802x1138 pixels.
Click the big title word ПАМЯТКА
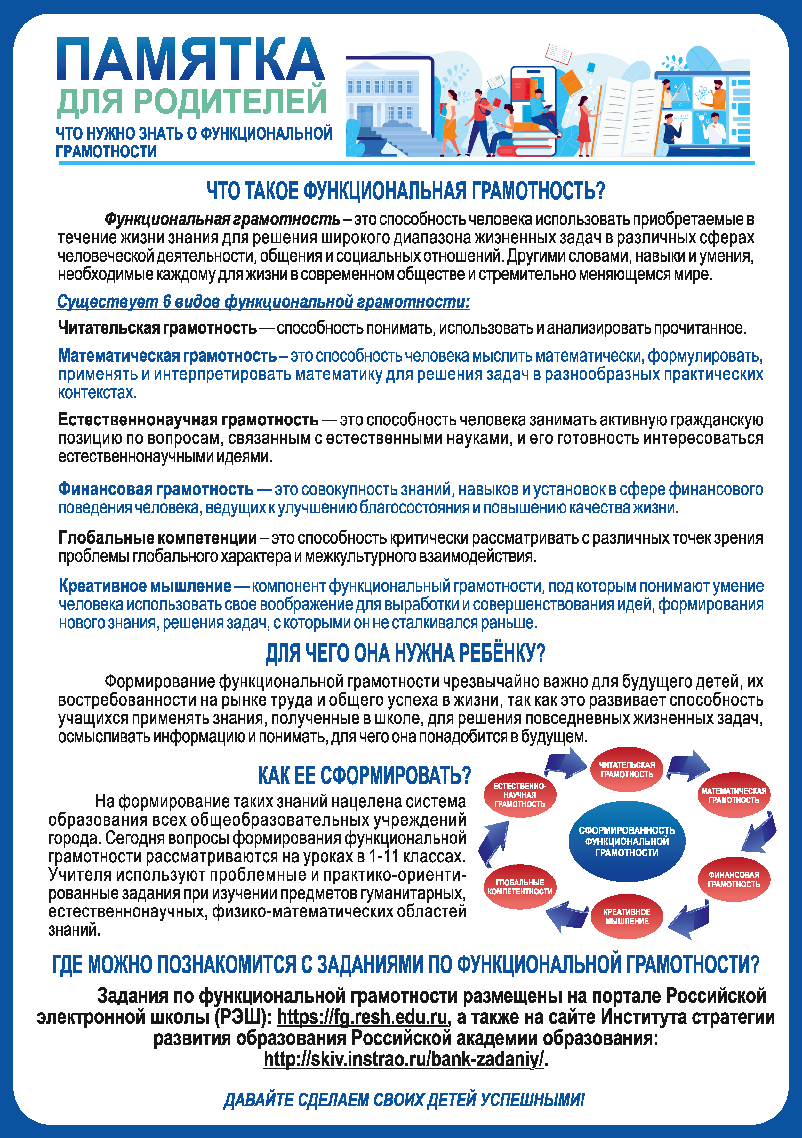coord(191,60)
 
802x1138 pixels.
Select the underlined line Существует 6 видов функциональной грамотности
coord(263,301)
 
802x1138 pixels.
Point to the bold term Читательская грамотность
coord(157,327)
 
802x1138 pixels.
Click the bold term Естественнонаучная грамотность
coord(188,419)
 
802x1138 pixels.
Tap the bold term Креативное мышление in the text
coord(145,585)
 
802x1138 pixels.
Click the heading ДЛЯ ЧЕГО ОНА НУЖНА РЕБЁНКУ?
coord(405,653)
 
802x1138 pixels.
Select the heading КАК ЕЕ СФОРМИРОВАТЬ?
coord(364,775)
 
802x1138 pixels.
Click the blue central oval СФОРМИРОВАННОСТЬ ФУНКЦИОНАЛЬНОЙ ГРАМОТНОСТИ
coord(627,841)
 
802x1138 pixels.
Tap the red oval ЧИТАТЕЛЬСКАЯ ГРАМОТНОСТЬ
coord(627,769)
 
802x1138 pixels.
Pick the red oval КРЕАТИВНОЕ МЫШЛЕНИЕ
coord(627,916)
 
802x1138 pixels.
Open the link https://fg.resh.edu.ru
coord(362,1017)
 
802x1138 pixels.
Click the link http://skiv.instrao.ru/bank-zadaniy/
coord(404,1059)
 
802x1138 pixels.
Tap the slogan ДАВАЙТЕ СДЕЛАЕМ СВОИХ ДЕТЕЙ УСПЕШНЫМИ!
coord(404,1100)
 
